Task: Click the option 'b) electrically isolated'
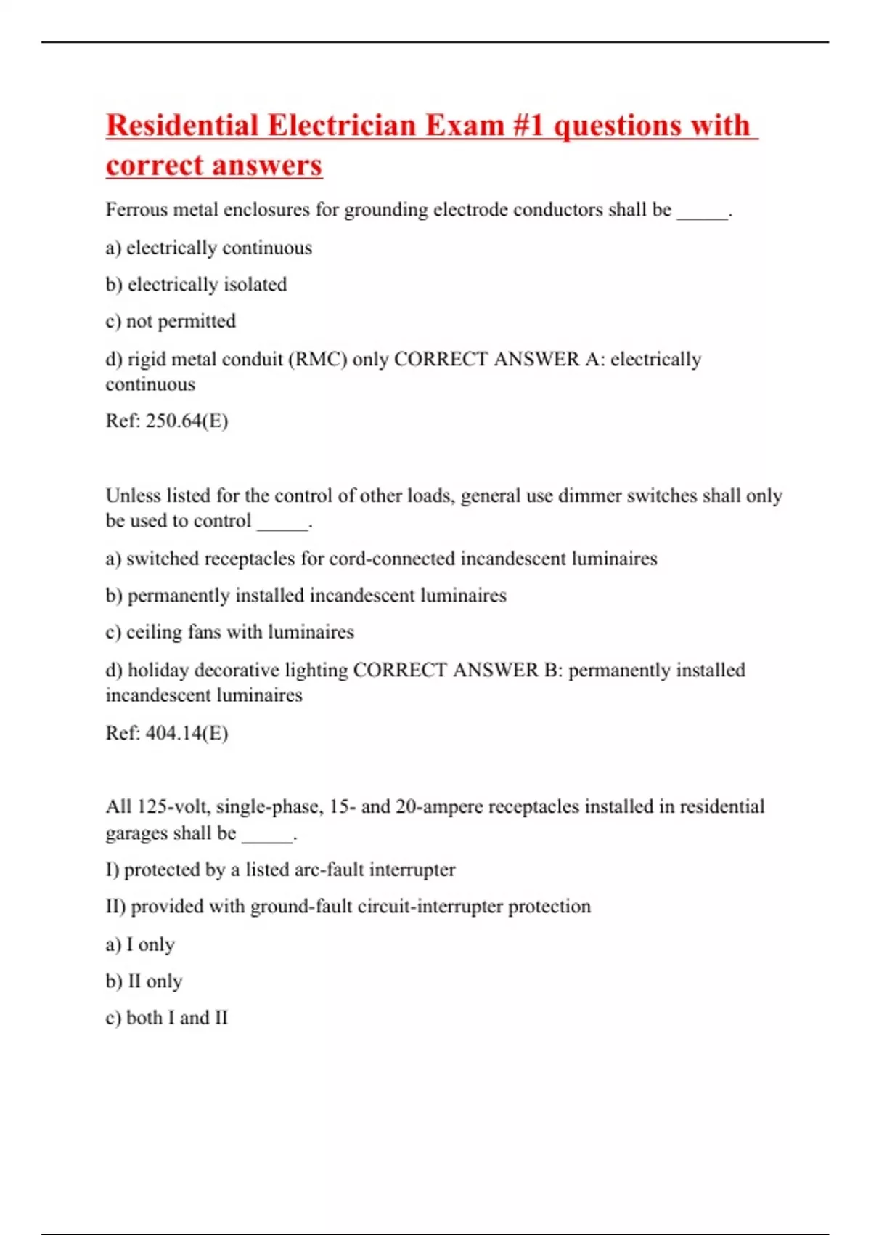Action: [196, 284]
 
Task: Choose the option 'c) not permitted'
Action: [171, 321]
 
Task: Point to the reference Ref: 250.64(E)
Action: [167, 421]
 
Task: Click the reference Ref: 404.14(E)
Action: [167, 733]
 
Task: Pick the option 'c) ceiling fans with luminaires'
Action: [229, 632]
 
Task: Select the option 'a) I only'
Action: [140, 944]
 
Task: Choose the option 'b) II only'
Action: [144, 981]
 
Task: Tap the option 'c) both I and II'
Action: [166, 1018]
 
